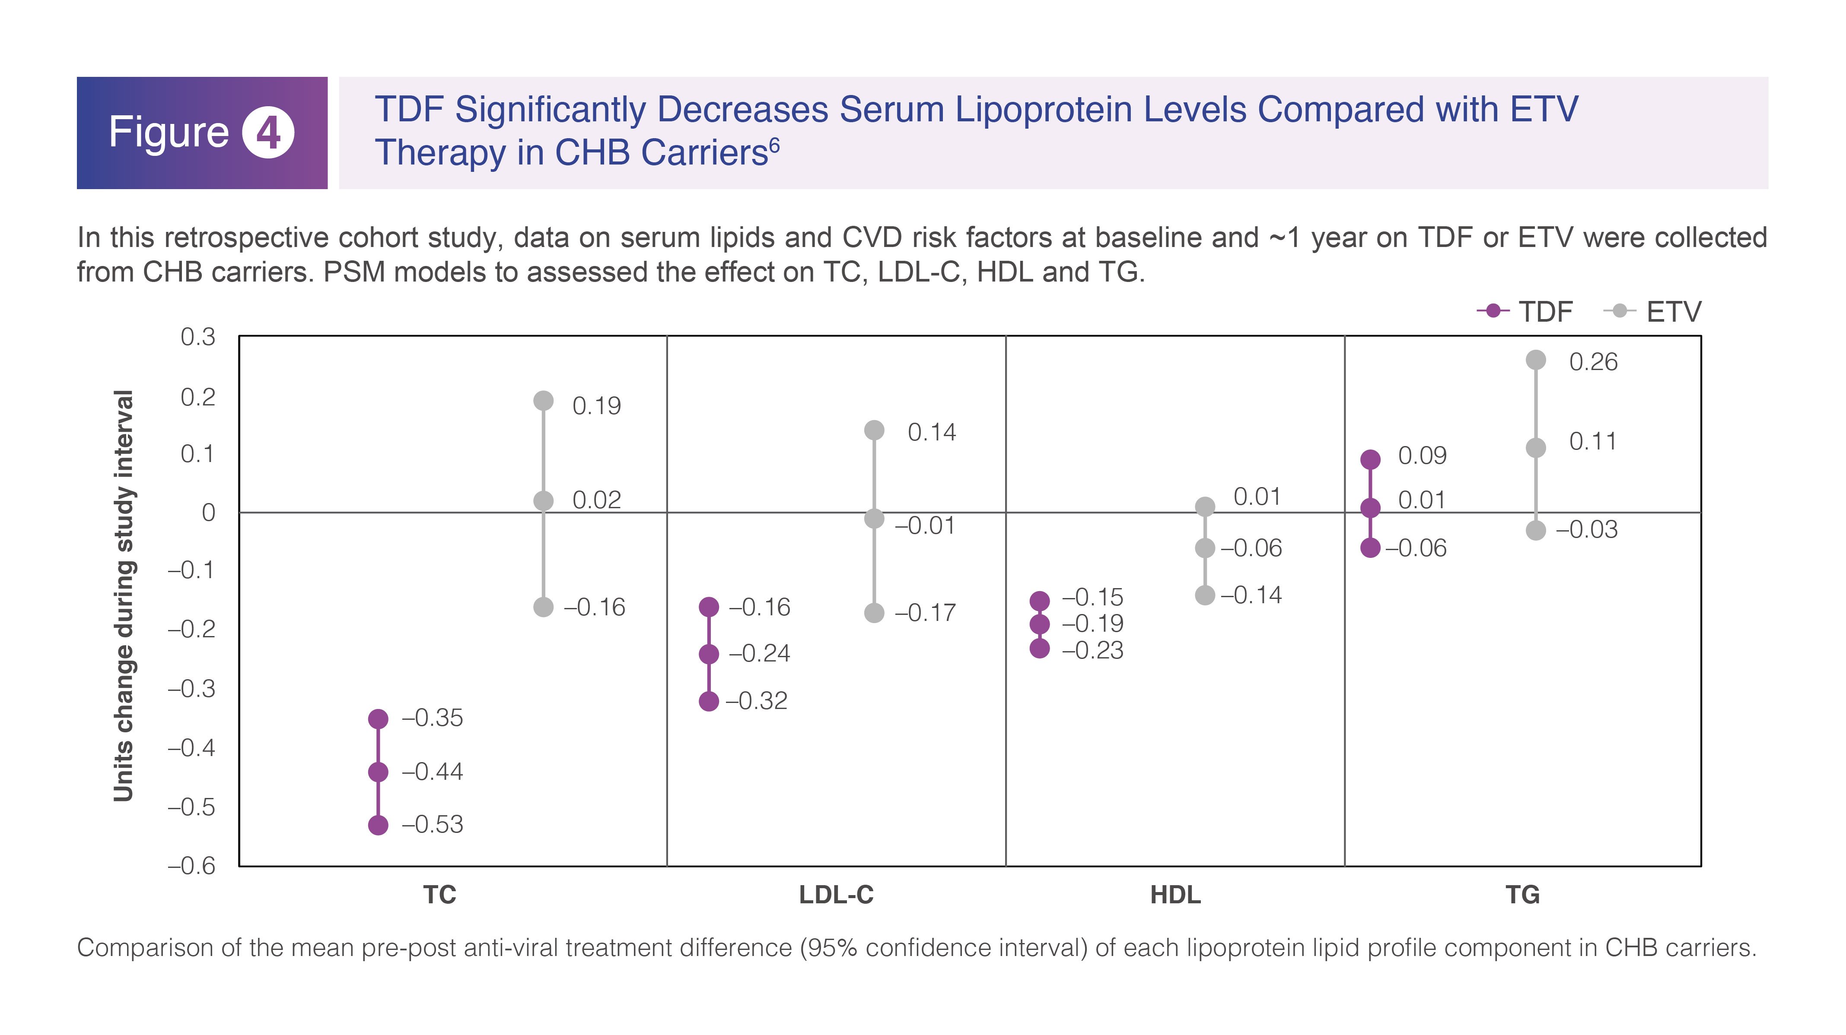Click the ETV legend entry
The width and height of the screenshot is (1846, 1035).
pyautogui.click(x=1652, y=312)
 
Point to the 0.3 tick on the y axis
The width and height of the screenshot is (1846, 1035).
pyautogui.click(x=198, y=337)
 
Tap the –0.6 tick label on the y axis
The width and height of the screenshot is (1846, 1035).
pyautogui.click(x=191, y=866)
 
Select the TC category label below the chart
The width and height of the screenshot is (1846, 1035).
pyautogui.click(x=439, y=895)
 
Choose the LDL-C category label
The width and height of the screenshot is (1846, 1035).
pyautogui.click(x=836, y=895)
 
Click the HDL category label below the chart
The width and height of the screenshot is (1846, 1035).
pyautogui.click(x=1175, y=895)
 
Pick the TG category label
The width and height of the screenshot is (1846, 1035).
pyautogui.click(x=1523, y=895)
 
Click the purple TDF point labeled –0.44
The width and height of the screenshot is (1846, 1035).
pyautogui.click(x=379, y=772)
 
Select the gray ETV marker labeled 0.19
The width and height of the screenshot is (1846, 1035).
pyautogui.click(x=544, y=400)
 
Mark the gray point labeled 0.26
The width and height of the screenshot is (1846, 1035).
pyautogui.click(x=1536, y=360)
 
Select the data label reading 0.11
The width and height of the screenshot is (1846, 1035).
pyautogui.click(x=1593, y=441)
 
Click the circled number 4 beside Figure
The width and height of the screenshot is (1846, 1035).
pyautogui.click(x=268, y=133)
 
